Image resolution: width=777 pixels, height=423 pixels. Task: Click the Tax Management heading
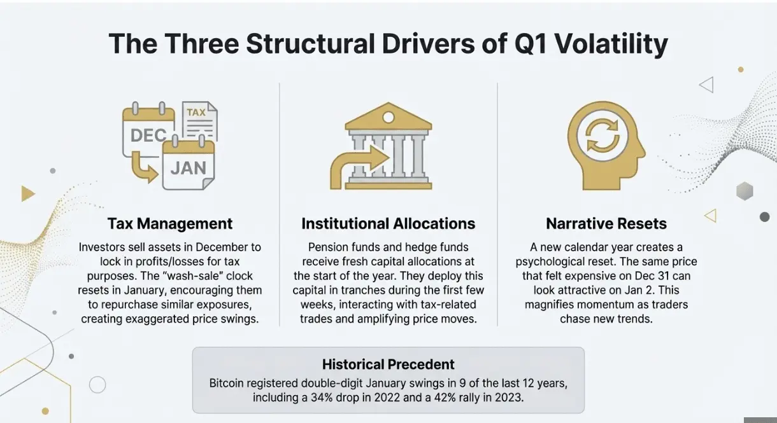169,224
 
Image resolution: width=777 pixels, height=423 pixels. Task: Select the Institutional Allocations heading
388,224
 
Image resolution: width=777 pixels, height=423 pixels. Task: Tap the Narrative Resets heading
606,224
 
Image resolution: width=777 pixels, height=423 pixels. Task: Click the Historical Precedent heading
388,364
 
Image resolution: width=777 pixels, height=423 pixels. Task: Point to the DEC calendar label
148,135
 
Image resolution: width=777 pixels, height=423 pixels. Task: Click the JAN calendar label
189,168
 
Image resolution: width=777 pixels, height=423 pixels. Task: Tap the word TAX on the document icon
196,112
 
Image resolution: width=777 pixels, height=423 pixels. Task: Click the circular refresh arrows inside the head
602,135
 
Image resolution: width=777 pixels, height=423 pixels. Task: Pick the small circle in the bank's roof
388,118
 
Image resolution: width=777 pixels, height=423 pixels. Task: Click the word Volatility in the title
611,45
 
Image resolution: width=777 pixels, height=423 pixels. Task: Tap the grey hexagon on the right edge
745,191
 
